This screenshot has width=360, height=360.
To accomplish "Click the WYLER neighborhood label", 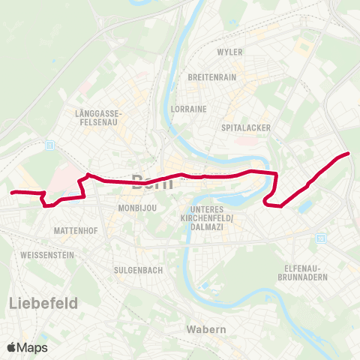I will click(x=229, y=52).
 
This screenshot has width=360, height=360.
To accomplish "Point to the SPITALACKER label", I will click(x=246, y=128).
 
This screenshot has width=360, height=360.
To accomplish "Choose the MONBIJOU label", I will click(x=136, y=208).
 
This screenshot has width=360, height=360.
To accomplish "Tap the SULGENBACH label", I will click(x=134, y=268).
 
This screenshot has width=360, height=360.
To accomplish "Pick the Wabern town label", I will click(x=202, y=329).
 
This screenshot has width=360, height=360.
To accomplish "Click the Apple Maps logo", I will click(x=27, y=347).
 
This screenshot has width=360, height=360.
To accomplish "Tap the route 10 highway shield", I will click(x=322, y=238).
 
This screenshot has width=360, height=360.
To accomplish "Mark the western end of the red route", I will click(x=12, y=193).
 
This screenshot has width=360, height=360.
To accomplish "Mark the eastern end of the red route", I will click(x=349, y=154).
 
